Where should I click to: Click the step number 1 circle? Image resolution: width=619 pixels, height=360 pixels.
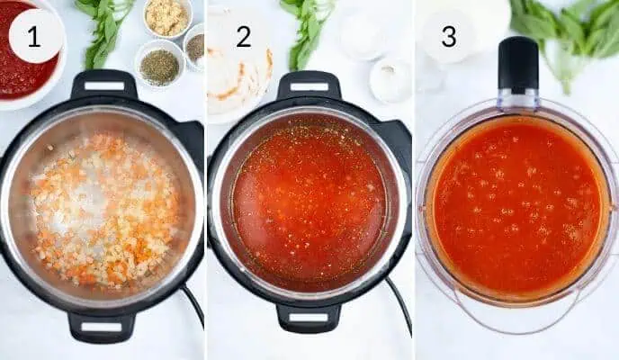coord(35,36)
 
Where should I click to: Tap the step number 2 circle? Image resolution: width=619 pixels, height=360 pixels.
coord(243,36)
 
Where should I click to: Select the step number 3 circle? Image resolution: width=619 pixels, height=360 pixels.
coord(448,36)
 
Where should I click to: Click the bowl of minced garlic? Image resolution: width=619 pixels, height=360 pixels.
coord(166,17)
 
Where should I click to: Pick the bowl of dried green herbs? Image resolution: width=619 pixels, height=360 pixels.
coord(159,66)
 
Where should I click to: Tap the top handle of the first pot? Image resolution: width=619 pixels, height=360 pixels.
coord(103,85)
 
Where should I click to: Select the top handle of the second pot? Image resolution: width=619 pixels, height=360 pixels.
coord(309,86)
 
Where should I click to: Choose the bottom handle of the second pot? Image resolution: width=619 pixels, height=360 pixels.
coord(309,317)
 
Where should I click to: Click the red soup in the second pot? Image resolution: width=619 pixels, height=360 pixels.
coord(309,203)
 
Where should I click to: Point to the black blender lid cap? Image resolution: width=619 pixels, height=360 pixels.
coord(517,63)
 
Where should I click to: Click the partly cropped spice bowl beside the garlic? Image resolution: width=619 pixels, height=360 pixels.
coord(195,46)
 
